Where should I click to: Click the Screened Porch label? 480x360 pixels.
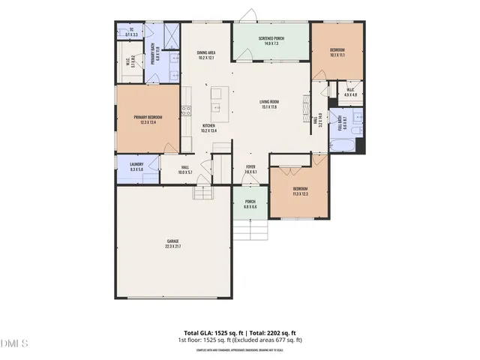click(271, 40)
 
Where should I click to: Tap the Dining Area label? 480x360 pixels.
click(206, 55)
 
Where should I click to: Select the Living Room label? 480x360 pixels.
click(268, 104)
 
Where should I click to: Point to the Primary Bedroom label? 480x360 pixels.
click(148, 119)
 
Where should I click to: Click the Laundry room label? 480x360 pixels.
click(136, 166)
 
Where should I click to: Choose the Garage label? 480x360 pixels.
click(173, 244)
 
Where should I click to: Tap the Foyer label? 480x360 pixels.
click(251, 169)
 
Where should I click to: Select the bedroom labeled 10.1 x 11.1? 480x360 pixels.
click(337, 52)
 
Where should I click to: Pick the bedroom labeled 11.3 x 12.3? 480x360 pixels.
click(300, 190)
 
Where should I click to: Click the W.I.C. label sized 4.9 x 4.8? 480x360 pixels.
click(349, 94)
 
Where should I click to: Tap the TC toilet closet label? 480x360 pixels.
click(130, 32)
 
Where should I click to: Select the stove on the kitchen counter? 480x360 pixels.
click(184, 113)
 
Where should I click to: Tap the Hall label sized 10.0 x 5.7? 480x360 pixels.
click(185, 170)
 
